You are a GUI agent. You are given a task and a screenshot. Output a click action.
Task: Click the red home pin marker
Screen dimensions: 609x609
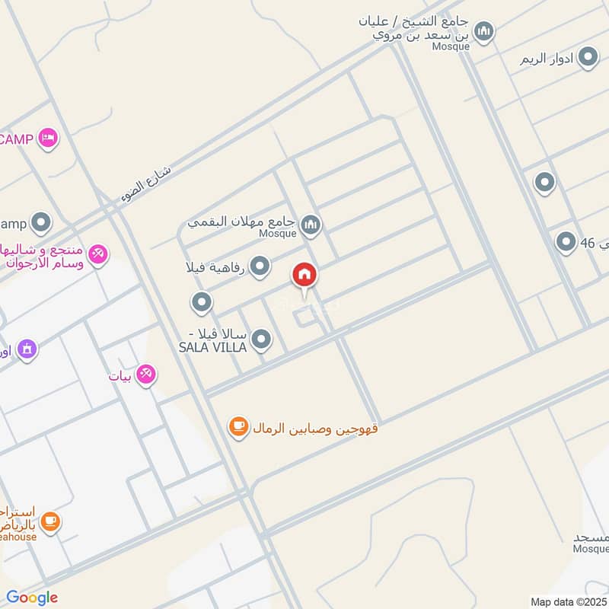pyautogui.click(x=305, y=276)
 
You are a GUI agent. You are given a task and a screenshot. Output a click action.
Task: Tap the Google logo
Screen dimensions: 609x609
pyautogui.click(x=32, y=598)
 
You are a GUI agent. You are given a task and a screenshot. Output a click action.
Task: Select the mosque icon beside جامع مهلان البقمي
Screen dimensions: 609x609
pyautogui.click(x=310, y=224)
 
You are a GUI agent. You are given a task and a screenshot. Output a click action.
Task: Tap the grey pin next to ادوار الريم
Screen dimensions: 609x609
pyautogui.click(x=588, y=57)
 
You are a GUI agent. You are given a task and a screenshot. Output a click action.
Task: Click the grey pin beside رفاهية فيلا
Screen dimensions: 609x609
pyautogui.click(x=260, y=266)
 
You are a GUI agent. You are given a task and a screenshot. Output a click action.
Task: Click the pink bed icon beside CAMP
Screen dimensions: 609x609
pyautogui.click(x=48, y=138)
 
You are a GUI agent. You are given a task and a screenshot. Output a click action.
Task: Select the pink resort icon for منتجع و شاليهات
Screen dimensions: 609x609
pyautogui.click(x=98, y=253)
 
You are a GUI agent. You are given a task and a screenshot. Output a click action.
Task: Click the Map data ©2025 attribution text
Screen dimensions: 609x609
pyautogui.click(x=569, y=601)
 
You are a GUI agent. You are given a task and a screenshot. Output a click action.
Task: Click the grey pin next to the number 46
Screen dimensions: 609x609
pyautogui.click(x=565, y=242)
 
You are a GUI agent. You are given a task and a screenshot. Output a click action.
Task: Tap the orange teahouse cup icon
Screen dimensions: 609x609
pyautogui.click(x=50, y=521)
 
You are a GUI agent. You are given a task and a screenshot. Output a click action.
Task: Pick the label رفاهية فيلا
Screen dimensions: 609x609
pyautogui.click(x=214, y=267)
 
